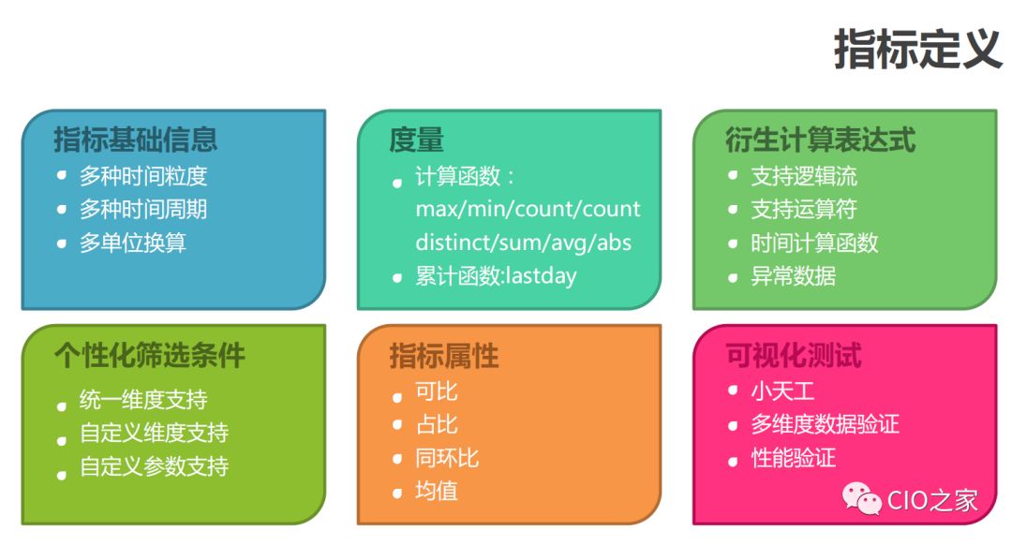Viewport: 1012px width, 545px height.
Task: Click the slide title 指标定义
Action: point(917,48)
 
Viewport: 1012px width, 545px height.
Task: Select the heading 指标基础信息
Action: point(136,140)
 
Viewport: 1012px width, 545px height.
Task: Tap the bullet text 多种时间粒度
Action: point(143,176)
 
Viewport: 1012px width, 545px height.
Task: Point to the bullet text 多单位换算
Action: point(133,243)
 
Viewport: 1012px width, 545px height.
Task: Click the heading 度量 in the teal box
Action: point(416,140)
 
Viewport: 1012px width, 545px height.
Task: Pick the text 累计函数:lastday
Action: point(496,276)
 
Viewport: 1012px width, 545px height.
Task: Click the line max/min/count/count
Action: point(528,209)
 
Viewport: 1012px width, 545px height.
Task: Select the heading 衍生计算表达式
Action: point(820,140)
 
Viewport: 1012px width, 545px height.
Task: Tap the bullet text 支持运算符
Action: point(804,209)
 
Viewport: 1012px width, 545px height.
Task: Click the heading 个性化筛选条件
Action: point(149,356)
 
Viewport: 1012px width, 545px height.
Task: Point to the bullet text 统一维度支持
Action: point(143,400)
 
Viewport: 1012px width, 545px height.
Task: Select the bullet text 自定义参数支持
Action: point(154,466)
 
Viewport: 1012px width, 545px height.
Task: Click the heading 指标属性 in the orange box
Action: point(444,356)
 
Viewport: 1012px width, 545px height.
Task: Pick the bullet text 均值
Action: point(437,491)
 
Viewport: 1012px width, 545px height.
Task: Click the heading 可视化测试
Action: point(794,356)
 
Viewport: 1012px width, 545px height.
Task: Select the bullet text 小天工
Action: point(782,391)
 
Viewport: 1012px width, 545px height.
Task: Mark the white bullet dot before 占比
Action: point(397,425)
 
